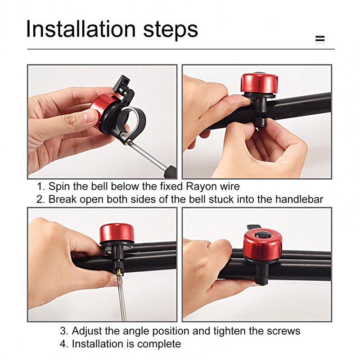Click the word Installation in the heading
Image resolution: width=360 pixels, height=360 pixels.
point(81,29)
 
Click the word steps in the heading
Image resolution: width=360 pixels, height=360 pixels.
point(171,30)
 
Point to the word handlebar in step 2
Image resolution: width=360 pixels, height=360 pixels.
point(299,199)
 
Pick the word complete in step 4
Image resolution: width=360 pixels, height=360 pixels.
point(159,344)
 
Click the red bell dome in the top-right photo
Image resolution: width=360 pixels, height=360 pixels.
point(260,84)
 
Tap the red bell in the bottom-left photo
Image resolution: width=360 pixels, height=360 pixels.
point(117,233)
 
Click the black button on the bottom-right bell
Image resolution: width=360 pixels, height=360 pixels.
point(263,235)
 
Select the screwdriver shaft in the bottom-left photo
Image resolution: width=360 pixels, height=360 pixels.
point(122,298)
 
